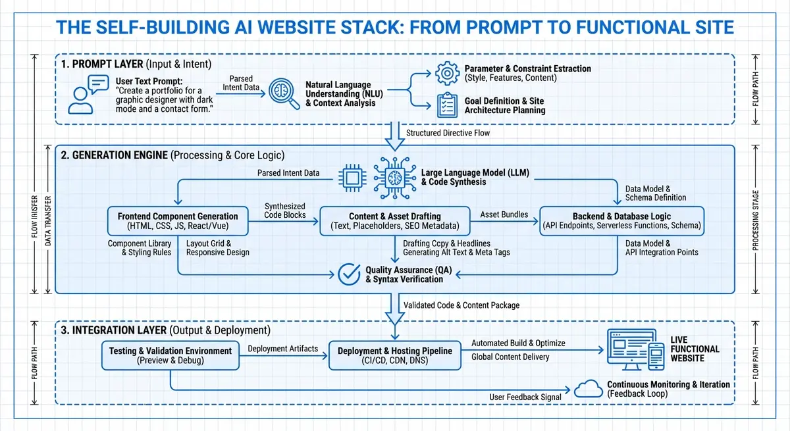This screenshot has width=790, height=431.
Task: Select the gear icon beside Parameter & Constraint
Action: click(x=448, y=72)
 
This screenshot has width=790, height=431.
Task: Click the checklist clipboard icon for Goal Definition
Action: click(x=448, y=105)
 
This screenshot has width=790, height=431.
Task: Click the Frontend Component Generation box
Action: click(x=178, y=221)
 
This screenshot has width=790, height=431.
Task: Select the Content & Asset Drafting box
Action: click(x=395, y=221)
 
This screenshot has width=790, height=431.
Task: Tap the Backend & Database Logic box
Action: click(x=621, y=221)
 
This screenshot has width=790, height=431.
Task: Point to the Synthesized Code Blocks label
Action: click(x=284, y=210)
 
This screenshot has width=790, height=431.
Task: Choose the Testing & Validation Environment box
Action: click(x=170, y=355)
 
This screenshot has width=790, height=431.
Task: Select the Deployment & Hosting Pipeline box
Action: click(x=395, y=355)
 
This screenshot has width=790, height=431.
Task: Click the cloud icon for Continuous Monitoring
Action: click(x=588, y=389)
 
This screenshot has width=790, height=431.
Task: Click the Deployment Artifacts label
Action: click(x=282, y=349)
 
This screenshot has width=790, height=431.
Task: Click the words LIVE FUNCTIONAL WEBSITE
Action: click(x=695, y=349)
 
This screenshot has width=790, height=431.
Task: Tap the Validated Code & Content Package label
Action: click(x=461, y=305)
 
